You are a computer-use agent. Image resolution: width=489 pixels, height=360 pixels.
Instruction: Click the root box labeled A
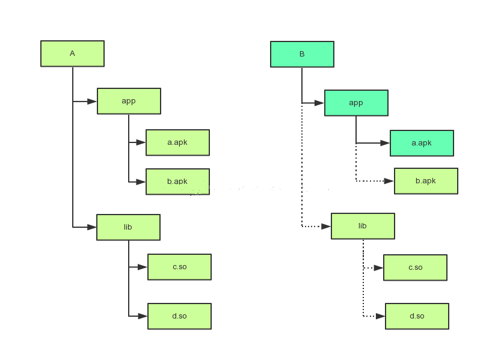[x=72, y=53]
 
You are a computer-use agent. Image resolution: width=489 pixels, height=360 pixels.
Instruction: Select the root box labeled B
[x=302, y=54]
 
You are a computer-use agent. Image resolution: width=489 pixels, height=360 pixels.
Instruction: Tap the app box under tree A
[x=129, y=101]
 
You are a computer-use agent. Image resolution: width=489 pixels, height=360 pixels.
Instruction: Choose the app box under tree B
[x=356, y=103]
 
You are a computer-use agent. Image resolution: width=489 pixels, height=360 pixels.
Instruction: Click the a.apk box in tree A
[x=177, y=142]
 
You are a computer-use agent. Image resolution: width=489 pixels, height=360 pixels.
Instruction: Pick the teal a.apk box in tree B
[x=422, y=143]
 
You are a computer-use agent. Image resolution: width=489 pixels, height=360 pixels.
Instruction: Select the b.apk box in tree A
[x=177, y=181]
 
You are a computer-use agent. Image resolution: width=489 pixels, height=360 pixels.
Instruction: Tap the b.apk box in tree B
[x=426, y=181]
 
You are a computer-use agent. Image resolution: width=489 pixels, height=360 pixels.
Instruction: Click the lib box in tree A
[x=128, y=227]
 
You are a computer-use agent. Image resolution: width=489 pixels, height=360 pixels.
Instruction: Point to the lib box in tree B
[x=363, y=226]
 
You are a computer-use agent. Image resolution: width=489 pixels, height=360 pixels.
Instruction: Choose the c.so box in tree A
[x=179, y=267]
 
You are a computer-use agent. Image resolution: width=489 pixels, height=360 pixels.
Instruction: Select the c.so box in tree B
[x=415, y=267]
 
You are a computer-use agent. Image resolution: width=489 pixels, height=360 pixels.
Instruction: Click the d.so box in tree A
[x=179, y=316]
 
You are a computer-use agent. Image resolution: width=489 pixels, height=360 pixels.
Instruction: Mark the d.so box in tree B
[x=417, y=316]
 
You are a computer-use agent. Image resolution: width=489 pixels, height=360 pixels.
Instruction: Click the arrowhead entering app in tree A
[x=92, y=102]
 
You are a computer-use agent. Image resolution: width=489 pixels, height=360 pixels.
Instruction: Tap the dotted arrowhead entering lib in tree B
[x=326, y=227]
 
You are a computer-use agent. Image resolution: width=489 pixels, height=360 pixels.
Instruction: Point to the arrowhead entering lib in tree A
[x=91, y=227]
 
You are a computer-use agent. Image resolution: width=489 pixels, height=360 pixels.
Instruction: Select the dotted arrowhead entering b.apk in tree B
[x=389, y=181]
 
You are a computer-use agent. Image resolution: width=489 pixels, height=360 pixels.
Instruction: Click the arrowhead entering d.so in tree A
[x=143, y=316]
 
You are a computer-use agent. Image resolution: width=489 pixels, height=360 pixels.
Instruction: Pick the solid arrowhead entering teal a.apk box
[x=385, y=143]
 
